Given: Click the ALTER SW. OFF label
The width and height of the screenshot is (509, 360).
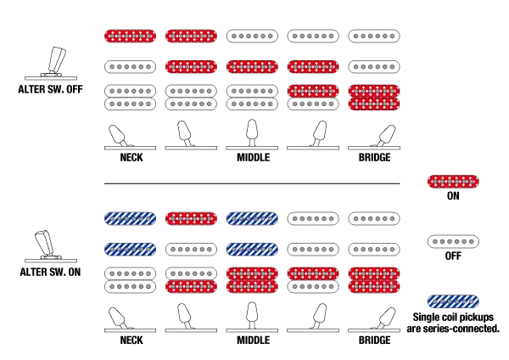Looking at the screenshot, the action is coord(50,89).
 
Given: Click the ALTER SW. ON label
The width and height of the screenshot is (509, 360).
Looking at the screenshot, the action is coord(50,272).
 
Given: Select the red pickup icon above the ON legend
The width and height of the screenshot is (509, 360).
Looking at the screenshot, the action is coord(453,182).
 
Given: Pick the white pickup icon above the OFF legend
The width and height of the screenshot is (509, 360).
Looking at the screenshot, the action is coord(453,242).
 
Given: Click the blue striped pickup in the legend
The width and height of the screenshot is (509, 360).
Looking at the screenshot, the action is coord(453,301).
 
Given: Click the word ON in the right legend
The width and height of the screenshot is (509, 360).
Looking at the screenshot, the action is coord(453,196).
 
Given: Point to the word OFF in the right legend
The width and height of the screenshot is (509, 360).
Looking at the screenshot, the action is coord(453,256).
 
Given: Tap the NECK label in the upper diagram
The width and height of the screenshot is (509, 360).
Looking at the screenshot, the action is coord(131,158).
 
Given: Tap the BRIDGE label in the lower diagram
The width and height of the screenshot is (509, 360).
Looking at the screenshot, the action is coord(374,340).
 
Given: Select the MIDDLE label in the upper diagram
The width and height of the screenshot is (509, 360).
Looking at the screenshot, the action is coord(253,158).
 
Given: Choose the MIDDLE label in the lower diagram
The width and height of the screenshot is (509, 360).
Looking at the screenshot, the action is coord(253,340).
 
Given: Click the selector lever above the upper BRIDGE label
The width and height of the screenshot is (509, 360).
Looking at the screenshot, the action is coord(384,136).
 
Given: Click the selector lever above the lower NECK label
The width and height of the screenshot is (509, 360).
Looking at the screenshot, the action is coord(118,318).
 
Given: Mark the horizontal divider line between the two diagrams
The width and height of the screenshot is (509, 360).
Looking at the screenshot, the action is coord(252,183).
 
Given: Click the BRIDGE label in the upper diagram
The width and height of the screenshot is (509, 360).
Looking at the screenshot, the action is coord(374,158).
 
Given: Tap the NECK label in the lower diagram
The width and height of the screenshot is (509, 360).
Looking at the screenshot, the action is coord(131,340).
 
